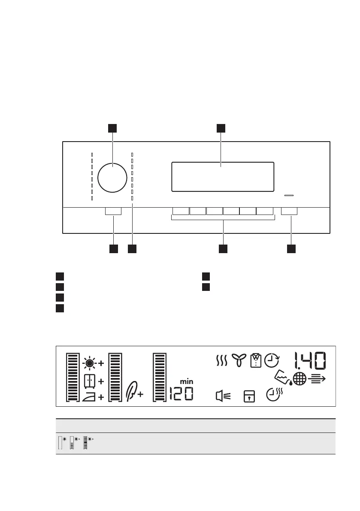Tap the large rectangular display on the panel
(x=222, y=177)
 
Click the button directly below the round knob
(x=113, y=211)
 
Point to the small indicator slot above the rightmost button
(x=289, y=196)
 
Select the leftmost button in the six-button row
(x=180, y=211)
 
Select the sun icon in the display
(x=89, y=363)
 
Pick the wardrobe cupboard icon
(x=89, y=381)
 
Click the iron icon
(x=89, y=397)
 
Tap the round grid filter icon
(x=299, y=379)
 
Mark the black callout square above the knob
(x=112, y=128)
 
